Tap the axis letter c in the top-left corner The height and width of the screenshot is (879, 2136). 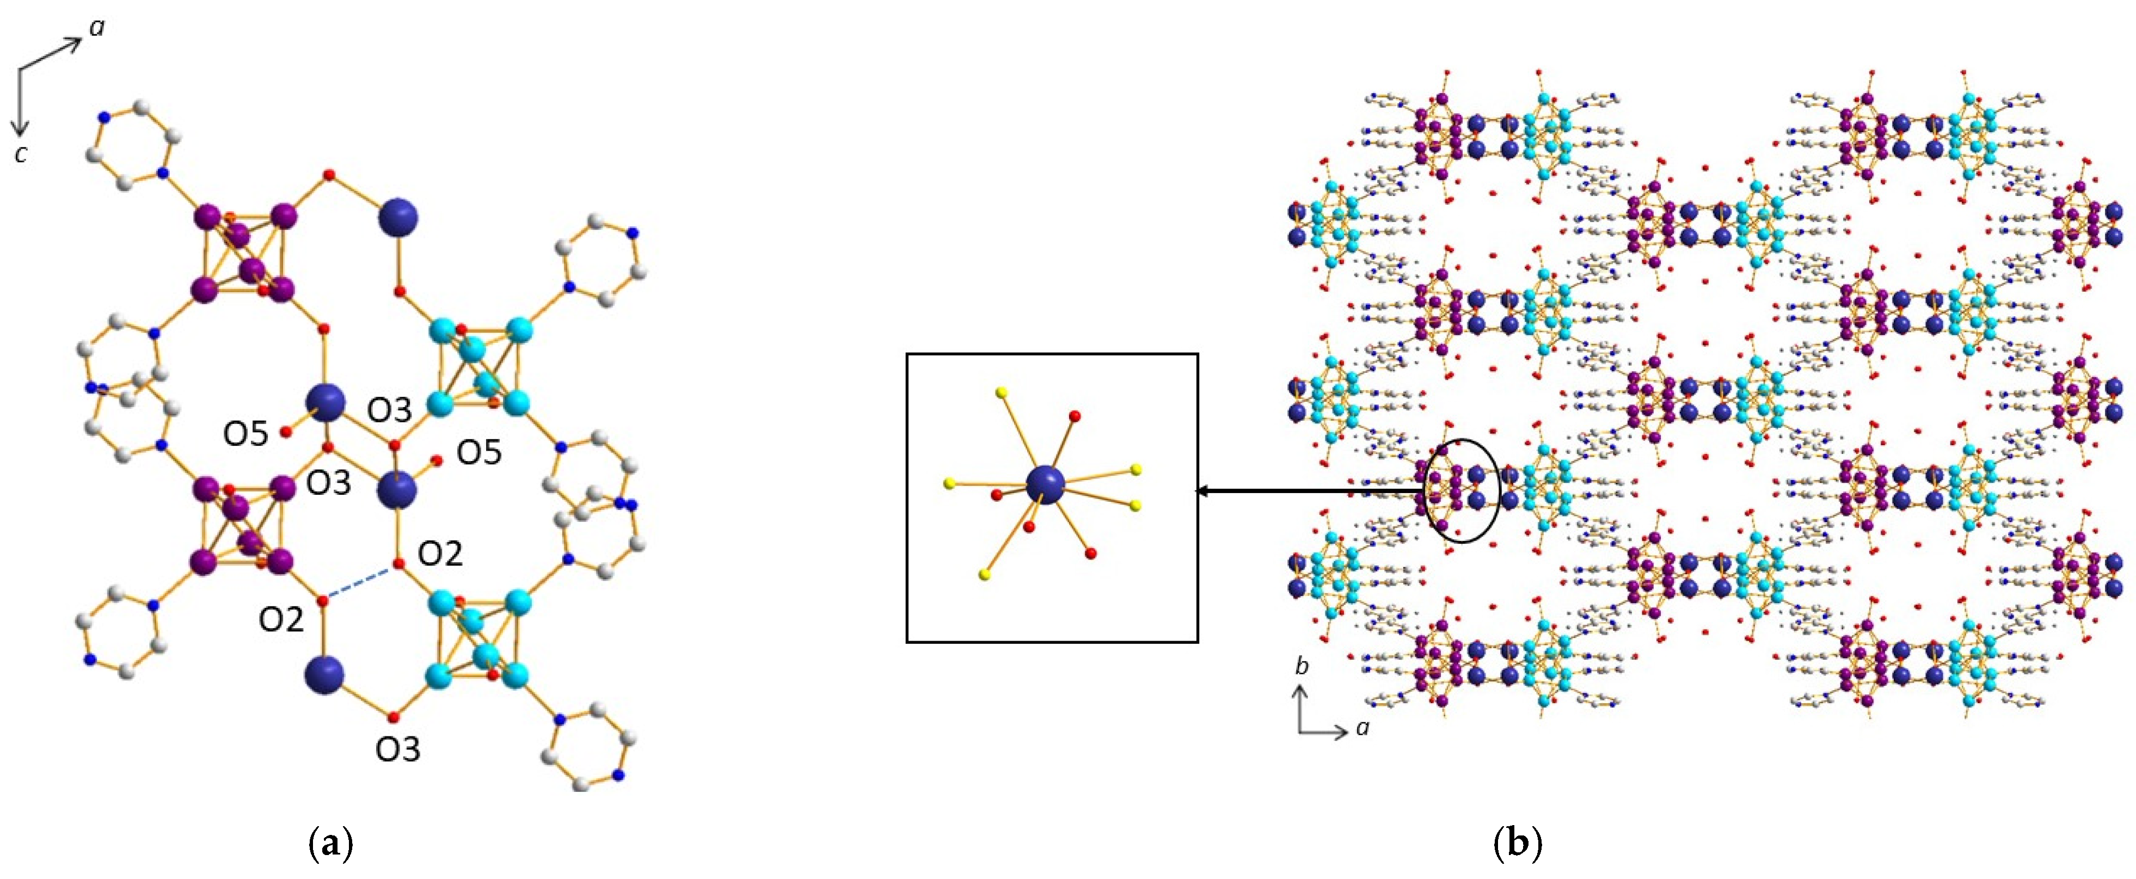coord(22,153)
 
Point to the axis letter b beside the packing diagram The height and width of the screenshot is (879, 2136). coord(1302,666)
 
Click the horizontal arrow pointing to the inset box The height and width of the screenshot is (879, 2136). coord(1310,491)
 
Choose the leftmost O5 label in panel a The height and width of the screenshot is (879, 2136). coord(245,434)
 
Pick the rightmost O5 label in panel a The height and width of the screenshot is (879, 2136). coord(480,453)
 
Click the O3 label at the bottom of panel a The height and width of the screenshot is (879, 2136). coord(398,749)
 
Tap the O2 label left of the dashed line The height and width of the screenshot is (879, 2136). coord(281,619)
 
